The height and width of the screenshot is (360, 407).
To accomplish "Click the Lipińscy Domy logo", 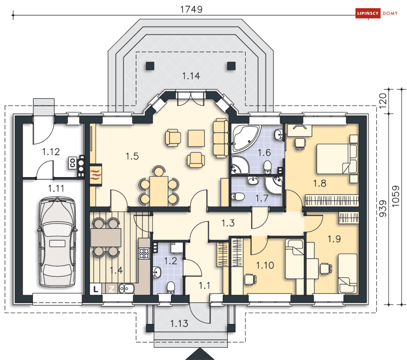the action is (x=377, y=13).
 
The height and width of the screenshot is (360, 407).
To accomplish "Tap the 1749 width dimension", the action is (x=191, y=9).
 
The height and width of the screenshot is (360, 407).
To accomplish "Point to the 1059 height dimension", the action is (x=395, y=196).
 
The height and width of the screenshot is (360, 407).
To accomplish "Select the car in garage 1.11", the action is (x=57, y=242).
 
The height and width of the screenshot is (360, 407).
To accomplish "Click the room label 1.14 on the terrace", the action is (x=191, y=76).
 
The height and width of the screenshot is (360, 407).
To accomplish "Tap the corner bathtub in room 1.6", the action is (x=246, y=138).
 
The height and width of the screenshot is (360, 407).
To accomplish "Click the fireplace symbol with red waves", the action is (x=96, y=175).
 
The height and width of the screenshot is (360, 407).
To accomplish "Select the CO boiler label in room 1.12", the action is (x=72, y=163).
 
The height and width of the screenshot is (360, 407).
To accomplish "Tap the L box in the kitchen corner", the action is (x=96, y=289).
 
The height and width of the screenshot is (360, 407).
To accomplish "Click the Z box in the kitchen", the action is (x=112, y=289).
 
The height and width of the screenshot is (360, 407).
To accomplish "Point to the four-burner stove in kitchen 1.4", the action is (x=144, y=253).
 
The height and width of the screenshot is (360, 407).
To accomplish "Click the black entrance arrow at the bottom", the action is (x=200, y=354).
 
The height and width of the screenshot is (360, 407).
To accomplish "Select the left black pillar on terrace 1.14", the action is (x=150, y=66).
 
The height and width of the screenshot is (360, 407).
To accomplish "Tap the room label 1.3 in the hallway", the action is (x=228, y=223).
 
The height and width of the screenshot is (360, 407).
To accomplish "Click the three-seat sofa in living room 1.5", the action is (x=220, y=138).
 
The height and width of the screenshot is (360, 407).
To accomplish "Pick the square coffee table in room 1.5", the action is (x=196, y=138).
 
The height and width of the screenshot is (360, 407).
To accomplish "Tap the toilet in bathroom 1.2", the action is (x=171, y=288).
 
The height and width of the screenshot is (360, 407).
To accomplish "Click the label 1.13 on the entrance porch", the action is (x=179, y=324).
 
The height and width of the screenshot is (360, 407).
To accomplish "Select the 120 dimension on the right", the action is (x=383, y=101).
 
